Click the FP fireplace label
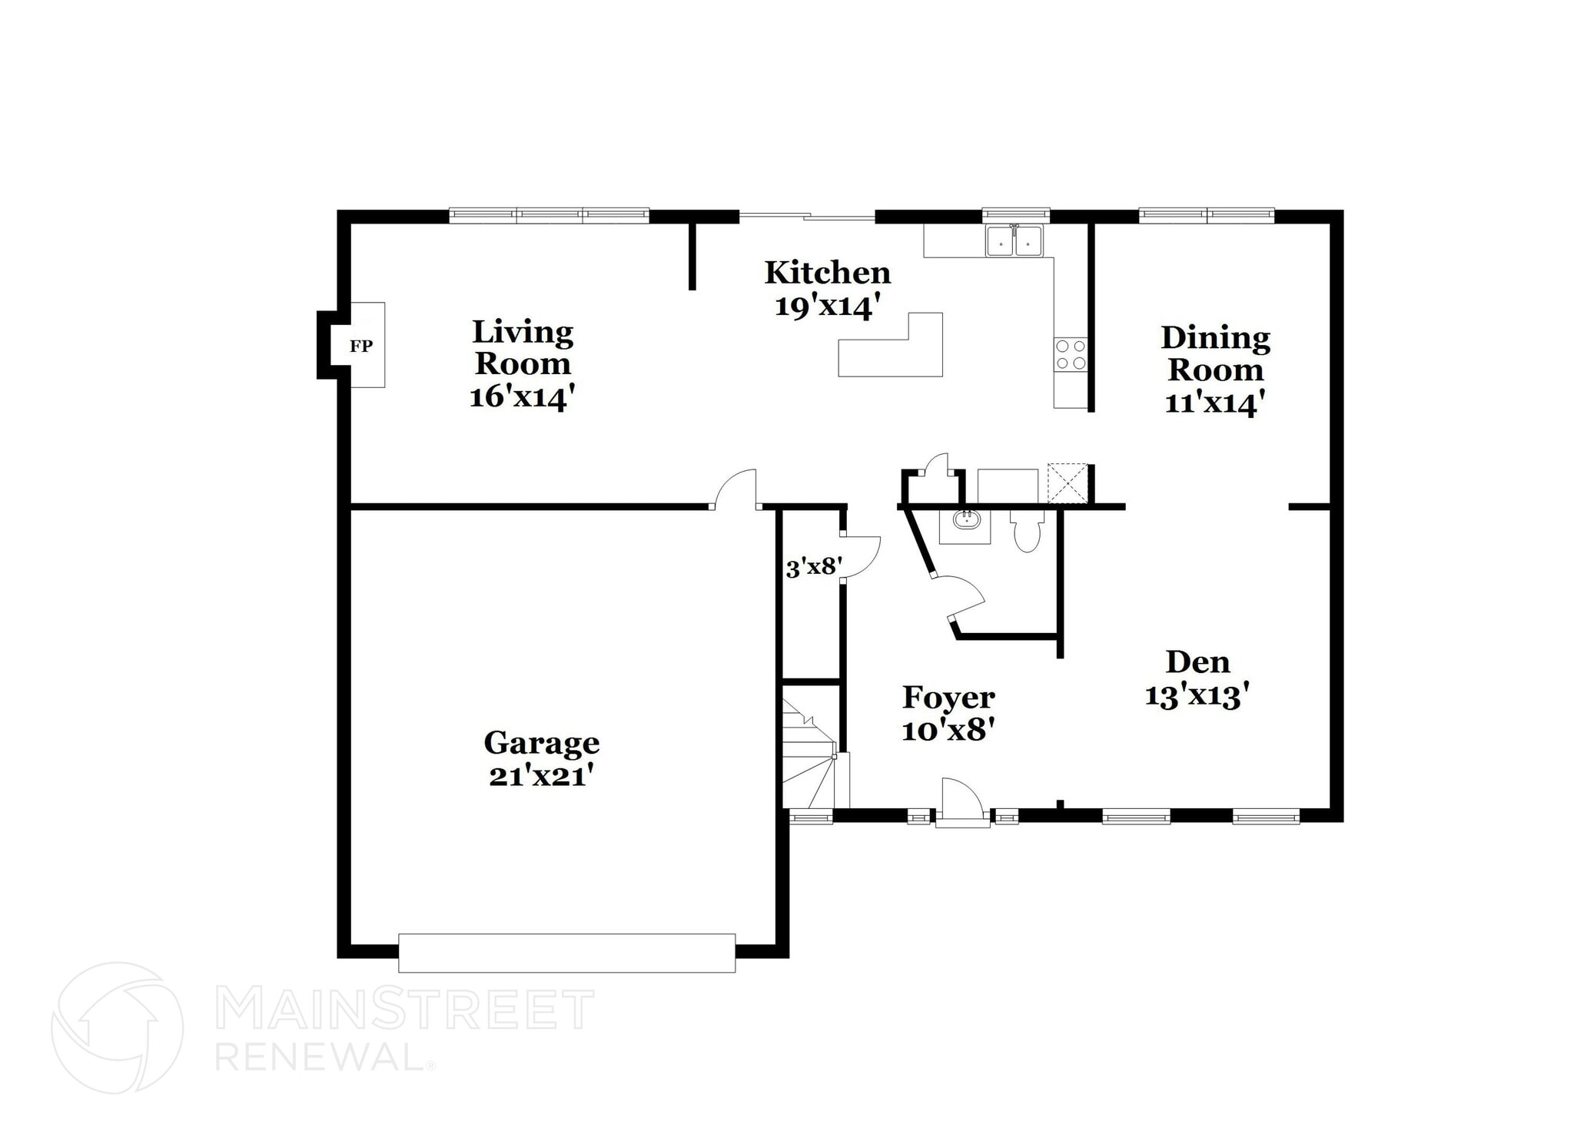361,346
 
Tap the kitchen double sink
1014,240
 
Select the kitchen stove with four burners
1071,354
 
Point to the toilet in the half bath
1026,532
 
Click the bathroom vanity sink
965,520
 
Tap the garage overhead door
566,953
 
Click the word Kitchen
827,273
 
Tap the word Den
1197,662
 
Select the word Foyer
948,698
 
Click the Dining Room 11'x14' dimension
1214,403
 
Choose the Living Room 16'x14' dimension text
523,397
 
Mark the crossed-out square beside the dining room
1068,482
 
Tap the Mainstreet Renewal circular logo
117,1027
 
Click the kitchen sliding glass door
807,216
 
